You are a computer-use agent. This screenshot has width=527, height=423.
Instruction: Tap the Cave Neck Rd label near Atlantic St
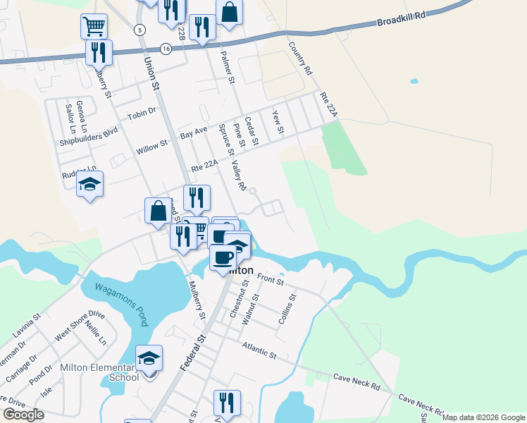356,382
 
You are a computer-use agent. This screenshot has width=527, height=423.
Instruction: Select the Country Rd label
299,58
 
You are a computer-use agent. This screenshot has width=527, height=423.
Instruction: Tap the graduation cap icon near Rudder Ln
89,185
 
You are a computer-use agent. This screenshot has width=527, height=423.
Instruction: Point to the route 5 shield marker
140,30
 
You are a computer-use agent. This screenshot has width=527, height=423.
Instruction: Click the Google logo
23,415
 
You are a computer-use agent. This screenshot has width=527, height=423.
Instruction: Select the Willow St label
151,149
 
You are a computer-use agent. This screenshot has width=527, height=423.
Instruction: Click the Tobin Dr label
141,114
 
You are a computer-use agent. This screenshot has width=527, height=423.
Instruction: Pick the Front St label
270,280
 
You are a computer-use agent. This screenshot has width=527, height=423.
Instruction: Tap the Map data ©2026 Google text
483,417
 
